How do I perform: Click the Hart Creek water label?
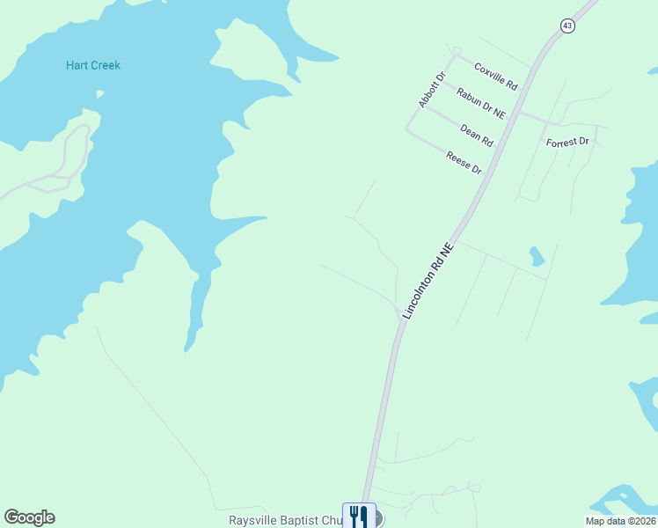(x=93, y=65)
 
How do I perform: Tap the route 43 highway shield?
(x=567, y=26)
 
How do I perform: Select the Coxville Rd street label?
(x=496, y=76)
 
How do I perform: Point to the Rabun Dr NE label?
(x=481, y=102)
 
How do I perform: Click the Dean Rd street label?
(x=477, y=135)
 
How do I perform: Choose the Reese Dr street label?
(x=464, y=162)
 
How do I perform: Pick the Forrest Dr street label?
(x=572, y=142)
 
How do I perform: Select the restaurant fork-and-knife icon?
(x=359, y=516)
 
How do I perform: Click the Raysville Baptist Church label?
(x=285, y=521)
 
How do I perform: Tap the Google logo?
(x=29, y=517)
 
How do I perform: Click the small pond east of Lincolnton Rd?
(x=536, y=256)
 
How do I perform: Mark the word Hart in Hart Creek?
(x=77, y=65)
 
